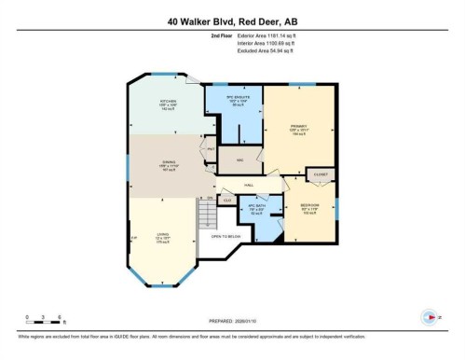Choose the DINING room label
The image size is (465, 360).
169,165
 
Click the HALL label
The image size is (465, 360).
249,185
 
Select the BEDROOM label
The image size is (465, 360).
310,208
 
